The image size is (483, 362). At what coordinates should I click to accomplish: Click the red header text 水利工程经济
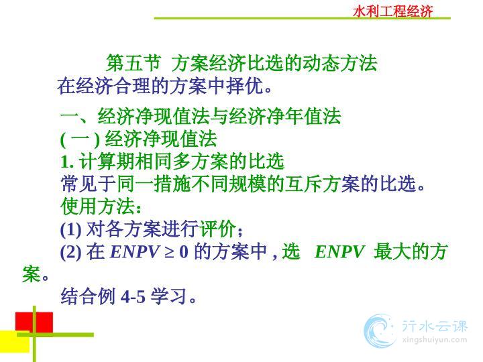click(x=392, y=11)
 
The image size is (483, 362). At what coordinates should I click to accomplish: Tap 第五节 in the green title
click(x=133, y=63)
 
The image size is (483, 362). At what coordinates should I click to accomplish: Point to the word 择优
click(x=245, y=86)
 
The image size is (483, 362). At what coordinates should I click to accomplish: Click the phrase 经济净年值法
click(x=285, y=117)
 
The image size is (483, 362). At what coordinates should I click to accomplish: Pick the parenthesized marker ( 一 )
click(x=80, y=139)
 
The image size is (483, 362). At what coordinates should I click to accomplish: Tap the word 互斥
click(x=303, y=184)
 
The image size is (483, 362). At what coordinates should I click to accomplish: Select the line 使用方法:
click(x=101, y=206)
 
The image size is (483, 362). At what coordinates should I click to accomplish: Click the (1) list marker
click(x=71, y=229)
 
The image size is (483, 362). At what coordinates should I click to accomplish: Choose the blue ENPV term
click(x=135, y=251)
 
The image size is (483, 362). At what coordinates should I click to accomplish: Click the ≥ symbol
click(x=170, y=252)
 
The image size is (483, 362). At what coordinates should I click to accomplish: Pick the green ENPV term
click(x=339, y=251)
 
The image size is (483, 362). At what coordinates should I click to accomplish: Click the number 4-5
click(x=133, y=297)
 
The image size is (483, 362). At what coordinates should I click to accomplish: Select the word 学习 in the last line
click(x=168, y=296)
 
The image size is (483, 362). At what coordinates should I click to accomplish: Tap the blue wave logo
click(x=380, y=331)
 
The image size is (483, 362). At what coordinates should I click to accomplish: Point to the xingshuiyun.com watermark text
click(x=434, y=340)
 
